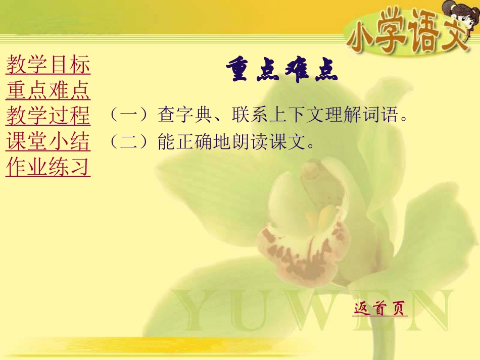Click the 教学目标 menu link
tap(48, 65)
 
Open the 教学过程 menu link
tap(48, 116)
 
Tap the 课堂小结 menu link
tap(48, 142)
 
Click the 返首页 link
tap(379, 308)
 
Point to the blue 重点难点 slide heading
tap(281, 72)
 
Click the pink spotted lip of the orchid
tap(303, 247)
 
